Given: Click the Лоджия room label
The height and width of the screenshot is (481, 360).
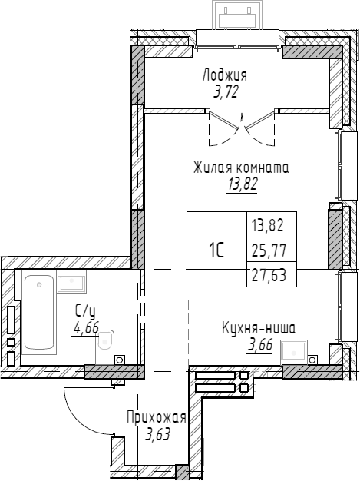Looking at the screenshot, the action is click(x=225, y=76).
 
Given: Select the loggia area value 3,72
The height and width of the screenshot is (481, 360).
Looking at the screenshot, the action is click(x=226, y=91).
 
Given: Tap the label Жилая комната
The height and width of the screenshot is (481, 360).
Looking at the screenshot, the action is click(x=241, y=168).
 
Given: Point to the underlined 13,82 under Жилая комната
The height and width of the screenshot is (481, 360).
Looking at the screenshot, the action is click(x=242, y=184).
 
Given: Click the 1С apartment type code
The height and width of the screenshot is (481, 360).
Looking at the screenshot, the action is click(x=216, y=250).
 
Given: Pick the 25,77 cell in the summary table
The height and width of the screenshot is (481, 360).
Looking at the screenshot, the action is click(x=269, y=250).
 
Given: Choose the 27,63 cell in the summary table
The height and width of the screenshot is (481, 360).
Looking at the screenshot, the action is click(x=269, y=274).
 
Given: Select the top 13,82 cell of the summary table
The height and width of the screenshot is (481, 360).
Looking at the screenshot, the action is click(x=267, y=226).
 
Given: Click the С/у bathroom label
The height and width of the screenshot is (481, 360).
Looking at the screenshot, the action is click(x=85, y=312).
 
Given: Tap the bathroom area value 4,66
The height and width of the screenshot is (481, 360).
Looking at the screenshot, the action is click(x=85, y=329).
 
